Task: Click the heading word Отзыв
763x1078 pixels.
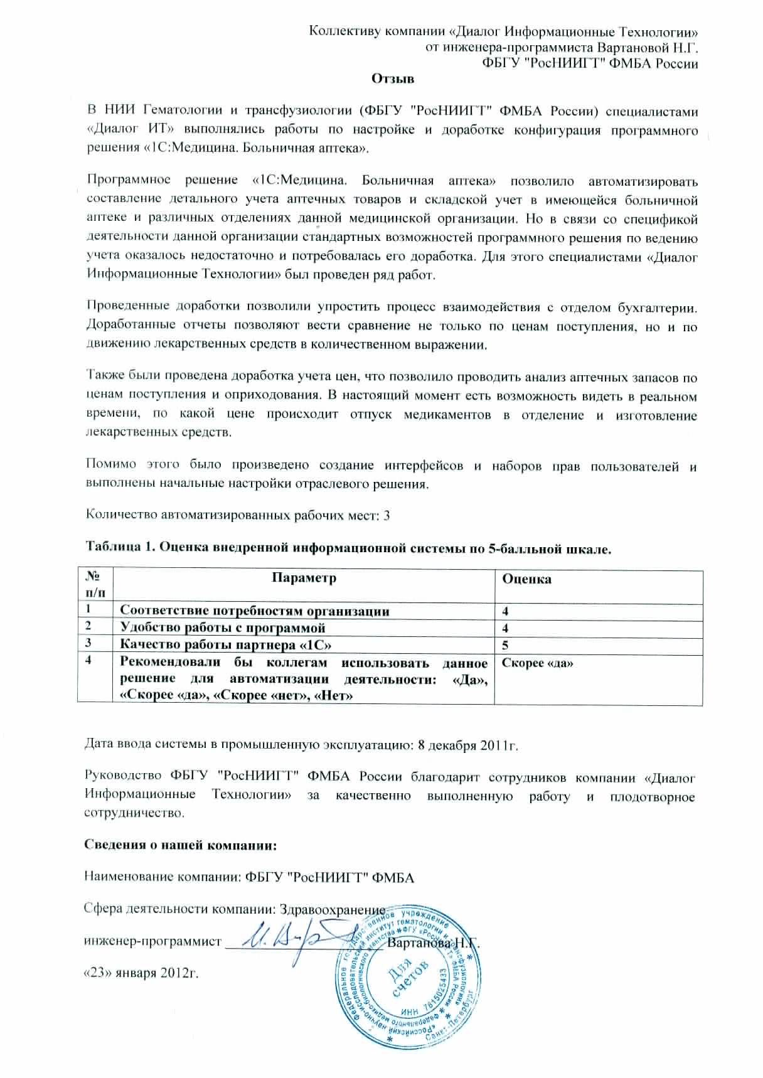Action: tap(393, 79)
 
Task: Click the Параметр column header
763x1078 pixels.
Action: tap(304, 578)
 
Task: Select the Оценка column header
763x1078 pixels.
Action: tap(527, 579)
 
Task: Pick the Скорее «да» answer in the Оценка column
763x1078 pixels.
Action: tap(538, 663)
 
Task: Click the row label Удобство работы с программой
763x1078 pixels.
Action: tap(223, 628)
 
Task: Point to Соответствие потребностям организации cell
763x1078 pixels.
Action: tap(254, 611)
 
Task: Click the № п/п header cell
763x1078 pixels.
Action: tap(95, 585)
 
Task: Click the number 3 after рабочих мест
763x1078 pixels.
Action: tap(387, 516)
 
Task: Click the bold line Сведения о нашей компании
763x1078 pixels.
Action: tap(181, 845)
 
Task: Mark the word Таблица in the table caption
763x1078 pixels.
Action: tap(112, 547)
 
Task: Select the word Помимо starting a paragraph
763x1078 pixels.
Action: tap(110, 466)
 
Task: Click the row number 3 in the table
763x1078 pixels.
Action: tap(88, 643)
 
